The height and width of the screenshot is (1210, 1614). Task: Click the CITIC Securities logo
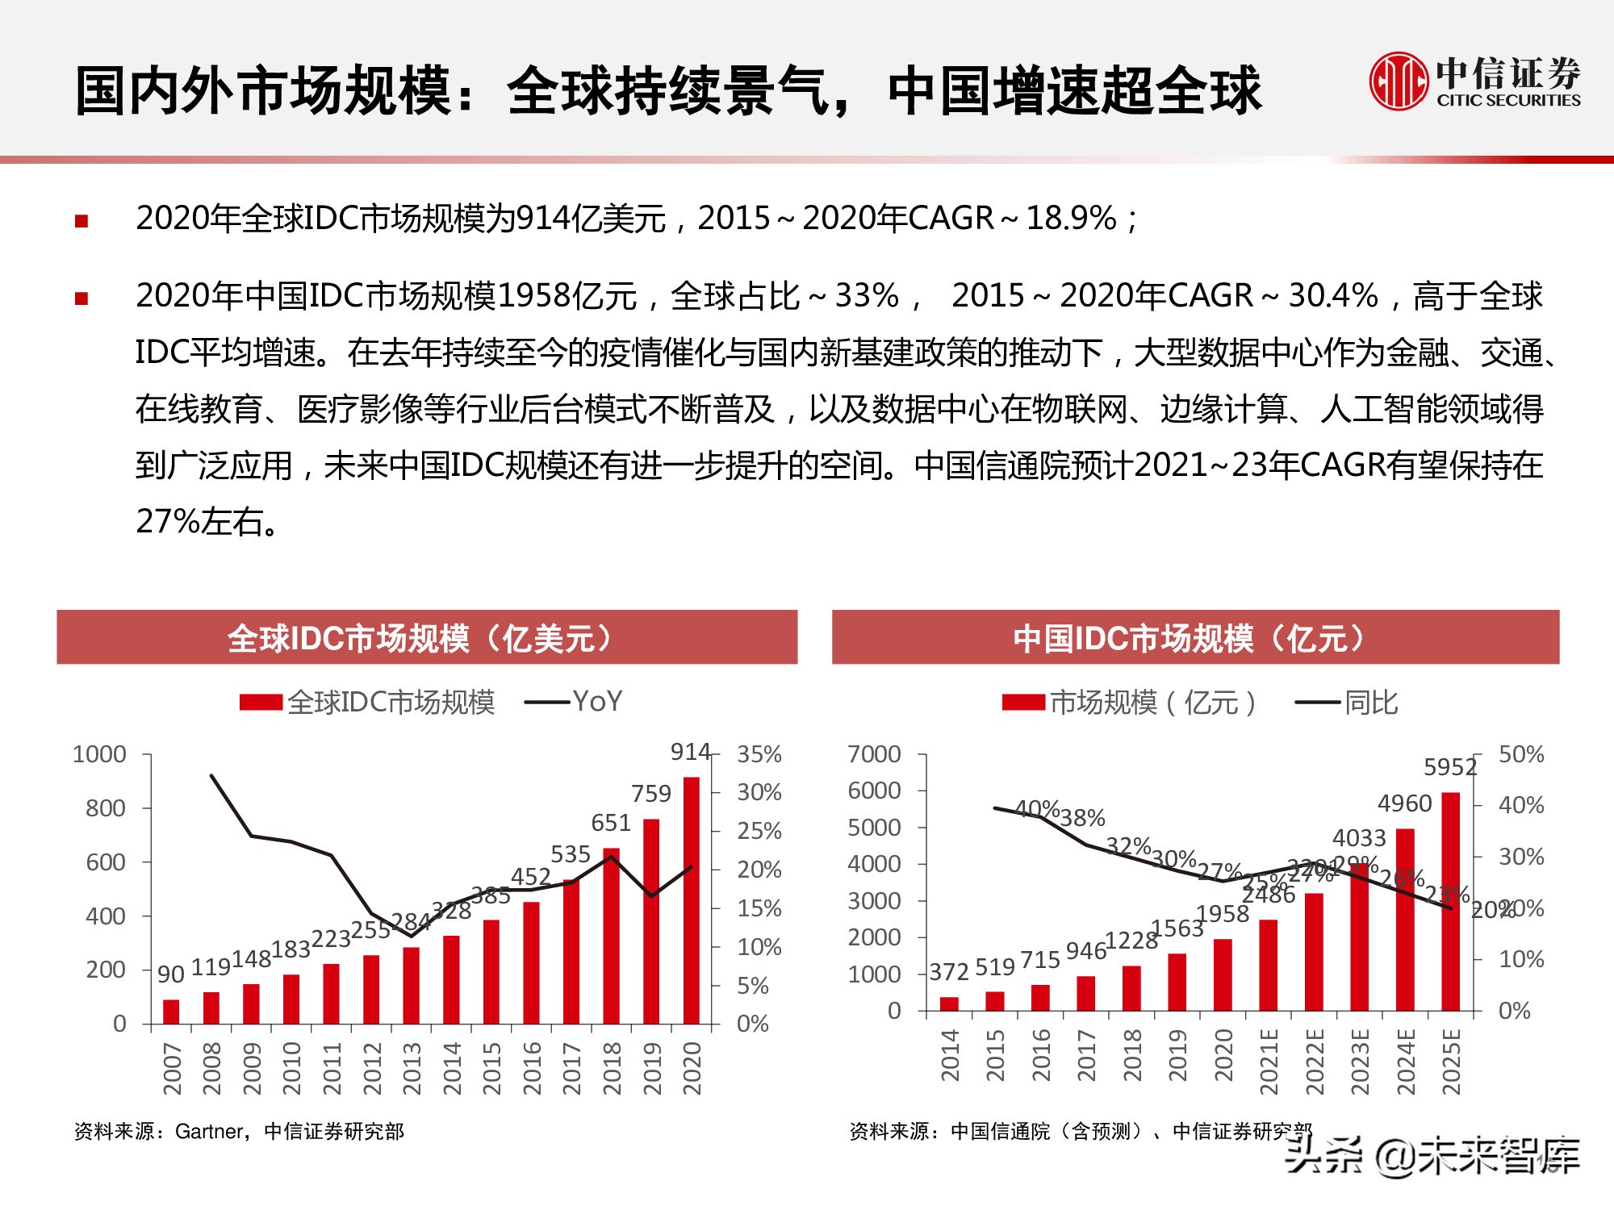tap(1475, 81)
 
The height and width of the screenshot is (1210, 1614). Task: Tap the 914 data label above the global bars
tap(690, 752)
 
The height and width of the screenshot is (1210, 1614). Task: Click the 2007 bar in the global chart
tap(171, 1012)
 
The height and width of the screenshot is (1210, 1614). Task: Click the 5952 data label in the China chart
tap(1449, 767)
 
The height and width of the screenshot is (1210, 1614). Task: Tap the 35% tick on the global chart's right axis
tap(759, 755)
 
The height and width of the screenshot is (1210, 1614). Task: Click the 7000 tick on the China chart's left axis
tap(874, 755)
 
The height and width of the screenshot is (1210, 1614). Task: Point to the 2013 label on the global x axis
tap(412, 1068)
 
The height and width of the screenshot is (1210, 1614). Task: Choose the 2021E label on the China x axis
tap(1269, 1062)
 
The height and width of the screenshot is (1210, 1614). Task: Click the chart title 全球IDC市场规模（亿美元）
tap(427, 638)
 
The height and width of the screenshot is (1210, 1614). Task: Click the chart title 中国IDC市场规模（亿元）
tap(1195, 638)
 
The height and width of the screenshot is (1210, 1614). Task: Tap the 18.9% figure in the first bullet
tap(1071, 219)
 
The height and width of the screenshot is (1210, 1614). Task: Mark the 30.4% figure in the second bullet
tap(1333, 296)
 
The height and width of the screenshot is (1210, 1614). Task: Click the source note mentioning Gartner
tap(239, 1132)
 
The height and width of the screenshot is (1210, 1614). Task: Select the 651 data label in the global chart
tap(610, 823)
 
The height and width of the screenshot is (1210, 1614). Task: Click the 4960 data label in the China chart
tap(1404, 803)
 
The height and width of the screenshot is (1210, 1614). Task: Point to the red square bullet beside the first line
tap(82, 221)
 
